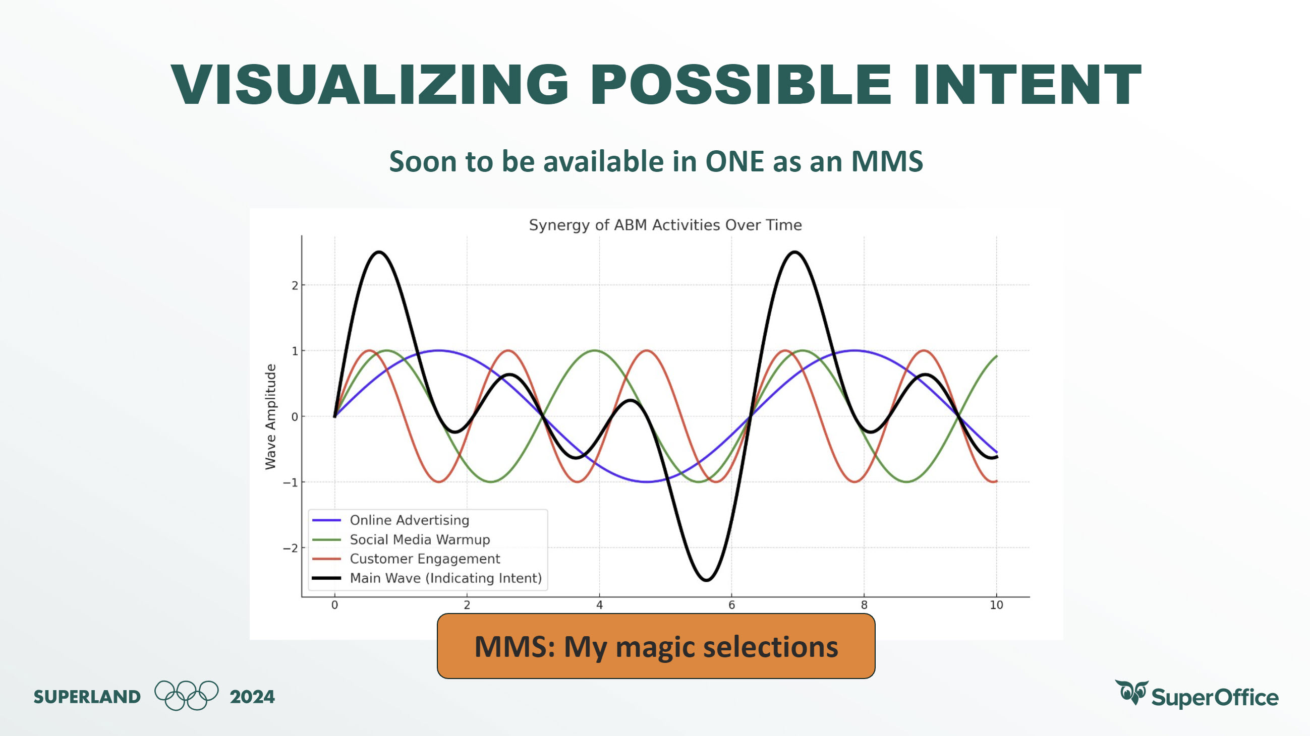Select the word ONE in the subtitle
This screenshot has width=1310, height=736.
pyautogui.click(x=734, y=162)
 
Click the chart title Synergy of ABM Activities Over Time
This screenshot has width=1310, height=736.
pyautogui.click(x=665, y=225)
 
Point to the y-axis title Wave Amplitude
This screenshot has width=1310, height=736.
pyautogui.click(x=270, y=417)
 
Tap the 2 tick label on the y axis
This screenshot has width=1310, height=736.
pyautogui.click(x=295, y=285)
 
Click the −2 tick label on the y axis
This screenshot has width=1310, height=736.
pyautogui.click(x=291, y=548)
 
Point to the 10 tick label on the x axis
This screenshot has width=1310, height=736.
pyautogui.click(x=996, y=605)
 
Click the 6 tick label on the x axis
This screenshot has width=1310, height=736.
pyautogui.click(x=732, y=605)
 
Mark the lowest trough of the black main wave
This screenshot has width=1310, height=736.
pyautogui.click(x=707, y=580)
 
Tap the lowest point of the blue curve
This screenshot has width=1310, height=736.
pyautogui.click(x=646, y=481)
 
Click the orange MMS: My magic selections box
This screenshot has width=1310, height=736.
pyautogui.click(x=656, y=646)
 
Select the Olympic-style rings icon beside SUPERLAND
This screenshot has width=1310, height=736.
pyautogui.click(x=187, y=695)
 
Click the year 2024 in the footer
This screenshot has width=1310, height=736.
pyautogui.click(x=252, y=696)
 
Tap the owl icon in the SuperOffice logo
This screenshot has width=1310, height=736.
pyautogui.click(x=1131, y=692)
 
